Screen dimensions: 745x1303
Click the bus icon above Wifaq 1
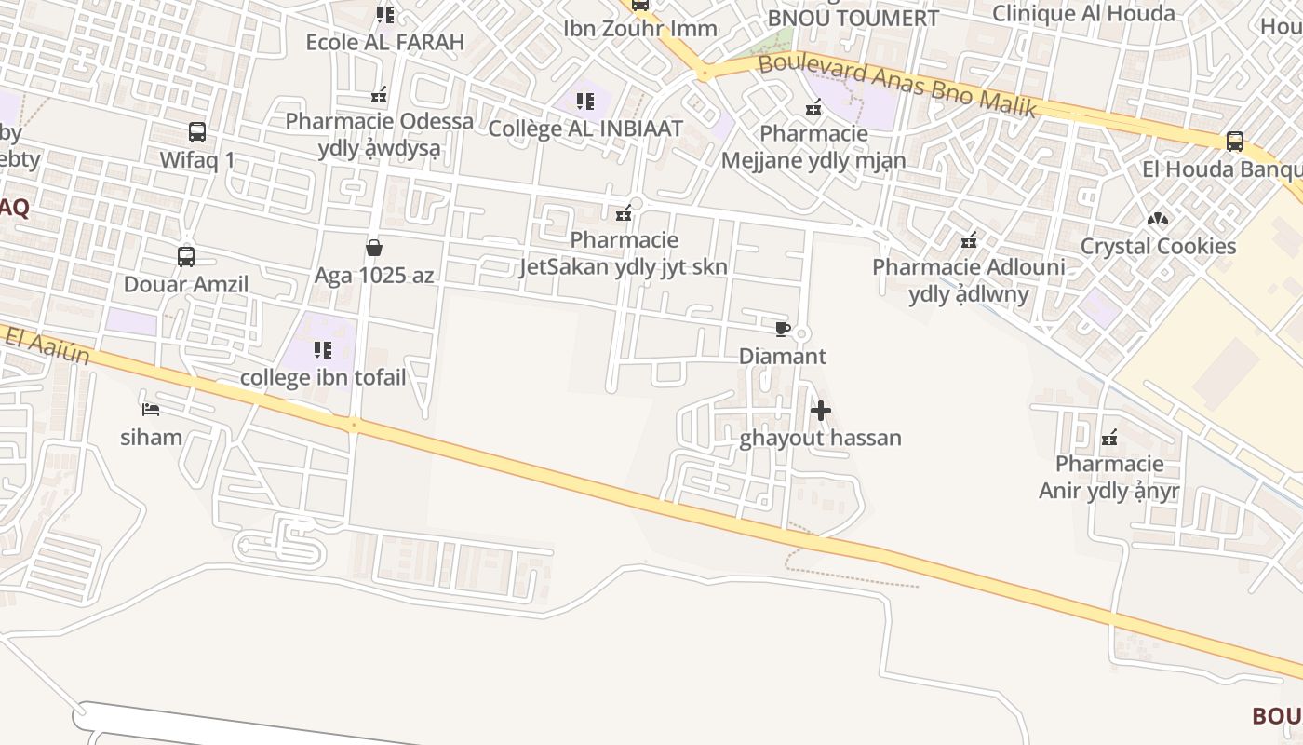click(x=196, y=132)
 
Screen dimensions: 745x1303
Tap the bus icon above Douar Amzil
click(x=186, y=257)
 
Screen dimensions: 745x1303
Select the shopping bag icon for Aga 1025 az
click(x=374, y=248)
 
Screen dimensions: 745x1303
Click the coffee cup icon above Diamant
click(x=782, y=329)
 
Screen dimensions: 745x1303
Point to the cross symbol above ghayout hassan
click(x=820, y=411)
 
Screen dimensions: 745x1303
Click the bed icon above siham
click(x=151, y=409)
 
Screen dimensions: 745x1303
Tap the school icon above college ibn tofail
click(x=323, y=350)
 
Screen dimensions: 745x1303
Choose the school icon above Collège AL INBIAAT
click(x=584, y=101)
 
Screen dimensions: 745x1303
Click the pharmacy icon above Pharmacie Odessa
click(x=379, y=94)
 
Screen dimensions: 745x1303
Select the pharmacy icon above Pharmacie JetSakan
click(x=624, y=213)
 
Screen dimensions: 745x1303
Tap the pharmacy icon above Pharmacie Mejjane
click(x=813, y=107)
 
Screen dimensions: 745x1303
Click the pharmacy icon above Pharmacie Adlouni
click(x=969, y=240)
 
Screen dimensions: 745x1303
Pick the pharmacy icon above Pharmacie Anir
click(x=1108, y=437)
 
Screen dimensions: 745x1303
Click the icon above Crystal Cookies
click(x=1158, y=219)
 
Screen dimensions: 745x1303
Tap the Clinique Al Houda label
click(x=1082, y=13)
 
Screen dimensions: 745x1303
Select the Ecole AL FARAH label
click(x=384, y=42)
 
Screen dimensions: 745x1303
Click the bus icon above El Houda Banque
click(x=1234, y=142)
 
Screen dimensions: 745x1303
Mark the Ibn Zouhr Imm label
click(x=640, y=28)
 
